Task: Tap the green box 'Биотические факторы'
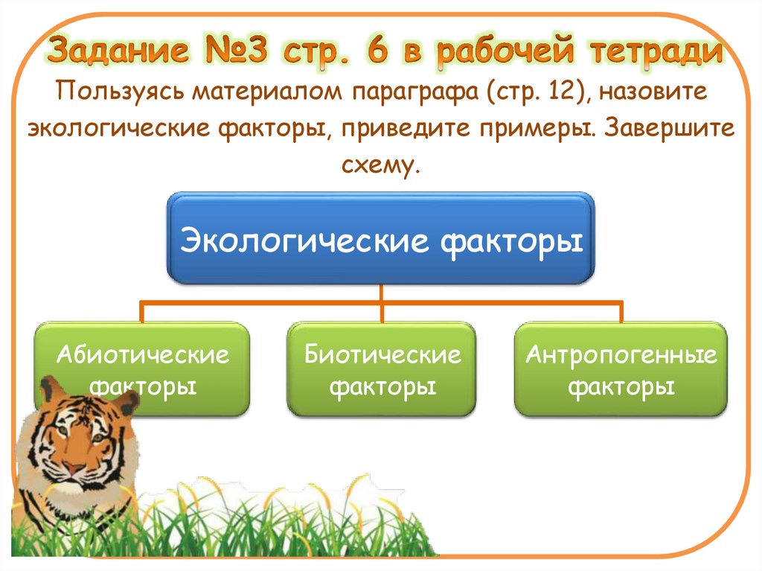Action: [x=382, y=369]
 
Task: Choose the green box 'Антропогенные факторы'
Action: [x=621, y=369]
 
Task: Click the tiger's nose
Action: [x=73, y=468]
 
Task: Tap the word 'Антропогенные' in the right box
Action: [x=621, y=354]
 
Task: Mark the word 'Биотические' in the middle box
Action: [x=382, y=354]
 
